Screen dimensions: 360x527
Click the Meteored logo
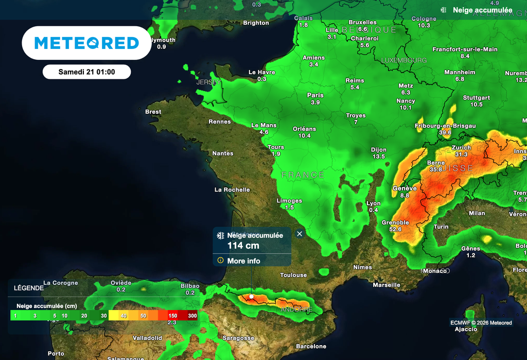coord(86,43)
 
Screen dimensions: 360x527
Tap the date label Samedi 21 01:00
coord(86,72)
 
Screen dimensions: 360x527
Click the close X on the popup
coord(300,234)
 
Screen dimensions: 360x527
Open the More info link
coord(243,261)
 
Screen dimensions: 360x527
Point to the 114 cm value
coord(243,246)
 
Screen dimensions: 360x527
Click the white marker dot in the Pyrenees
coord(251,296)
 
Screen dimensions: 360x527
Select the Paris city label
coord(315,95)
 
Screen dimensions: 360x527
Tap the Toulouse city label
coord(293,275)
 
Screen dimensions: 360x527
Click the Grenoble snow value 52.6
coord(395,229)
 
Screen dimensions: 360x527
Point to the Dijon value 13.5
coord(379,157)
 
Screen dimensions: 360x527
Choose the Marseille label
coord(386,285)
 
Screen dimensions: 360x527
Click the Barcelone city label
coord(311,346)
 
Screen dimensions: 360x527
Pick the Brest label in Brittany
coord(153,112)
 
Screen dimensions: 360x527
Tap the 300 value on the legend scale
coord(192,316)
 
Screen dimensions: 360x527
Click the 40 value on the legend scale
coord(124,316)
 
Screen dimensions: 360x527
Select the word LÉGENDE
coord(29,288)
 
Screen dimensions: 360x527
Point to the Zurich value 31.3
coord(461,155)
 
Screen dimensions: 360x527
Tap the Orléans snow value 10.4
coord(304,136)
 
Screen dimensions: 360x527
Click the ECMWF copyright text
coord(481,323)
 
